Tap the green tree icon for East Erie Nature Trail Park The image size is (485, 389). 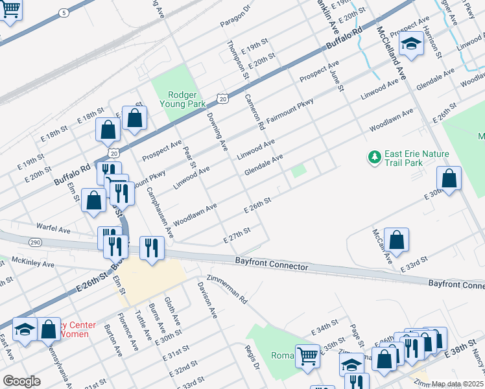pos(373,156)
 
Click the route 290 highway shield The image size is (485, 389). pos(35,242)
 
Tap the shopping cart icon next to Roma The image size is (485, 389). pos(307,355)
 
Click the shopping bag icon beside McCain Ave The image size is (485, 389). pos(396,239)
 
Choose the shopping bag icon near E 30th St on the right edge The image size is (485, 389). pos(449,178)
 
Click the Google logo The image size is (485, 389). pos(21,381)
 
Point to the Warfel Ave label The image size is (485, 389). pos(53,229)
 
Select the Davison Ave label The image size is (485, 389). pos(207,300)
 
